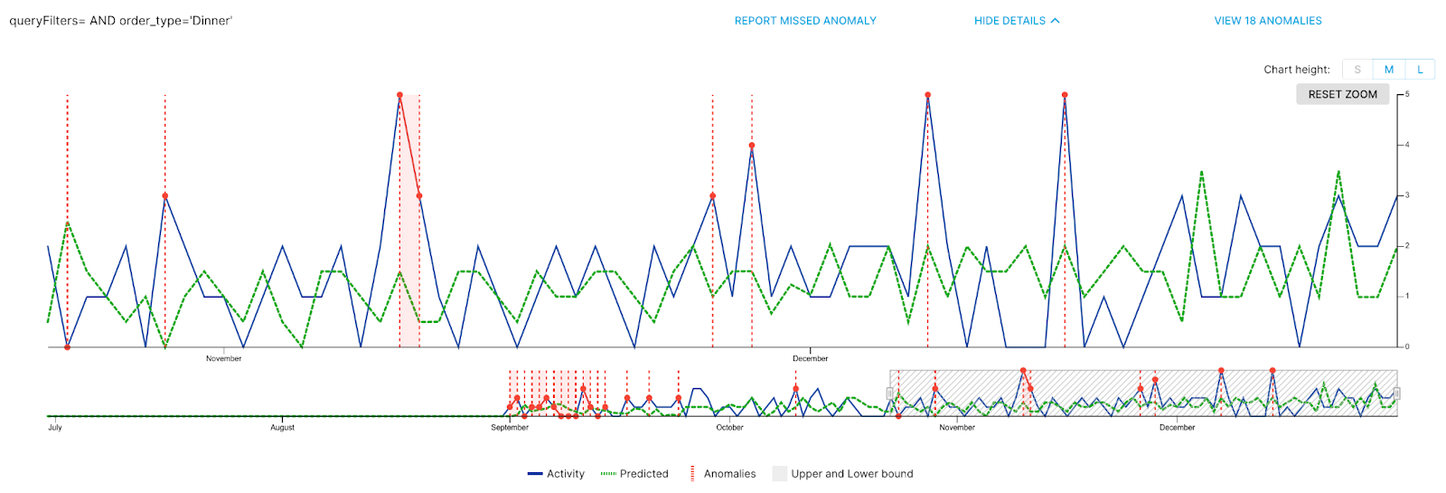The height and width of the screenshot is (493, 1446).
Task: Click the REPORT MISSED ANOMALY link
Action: (804, 21)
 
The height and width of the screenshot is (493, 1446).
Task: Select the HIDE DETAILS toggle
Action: (1016, 21)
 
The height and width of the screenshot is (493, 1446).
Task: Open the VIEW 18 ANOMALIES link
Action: (1267, 21)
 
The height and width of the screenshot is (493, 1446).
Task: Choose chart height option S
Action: (1357, 70)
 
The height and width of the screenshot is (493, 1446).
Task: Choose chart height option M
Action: (1388, 70)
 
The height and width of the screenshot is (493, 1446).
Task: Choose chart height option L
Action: (1420, 70)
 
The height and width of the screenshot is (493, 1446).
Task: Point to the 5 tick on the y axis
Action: (1406, 94)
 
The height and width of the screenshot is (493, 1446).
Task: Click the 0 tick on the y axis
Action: (1406, 346)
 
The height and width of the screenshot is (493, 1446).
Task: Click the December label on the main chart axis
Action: (810, 359)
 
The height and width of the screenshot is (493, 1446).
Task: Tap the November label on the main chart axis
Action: (223, 359)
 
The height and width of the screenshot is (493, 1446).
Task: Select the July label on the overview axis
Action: (55, 428)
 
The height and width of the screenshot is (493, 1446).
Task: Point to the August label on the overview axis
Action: (282, 428)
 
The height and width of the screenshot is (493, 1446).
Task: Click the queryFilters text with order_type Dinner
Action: (120, 21)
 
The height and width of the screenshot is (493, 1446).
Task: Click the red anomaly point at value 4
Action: (752, 146)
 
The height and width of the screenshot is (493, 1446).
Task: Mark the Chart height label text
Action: (1296, 70)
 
